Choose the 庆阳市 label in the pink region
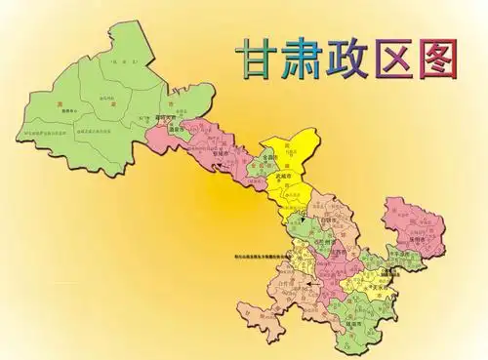click(427, 237)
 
